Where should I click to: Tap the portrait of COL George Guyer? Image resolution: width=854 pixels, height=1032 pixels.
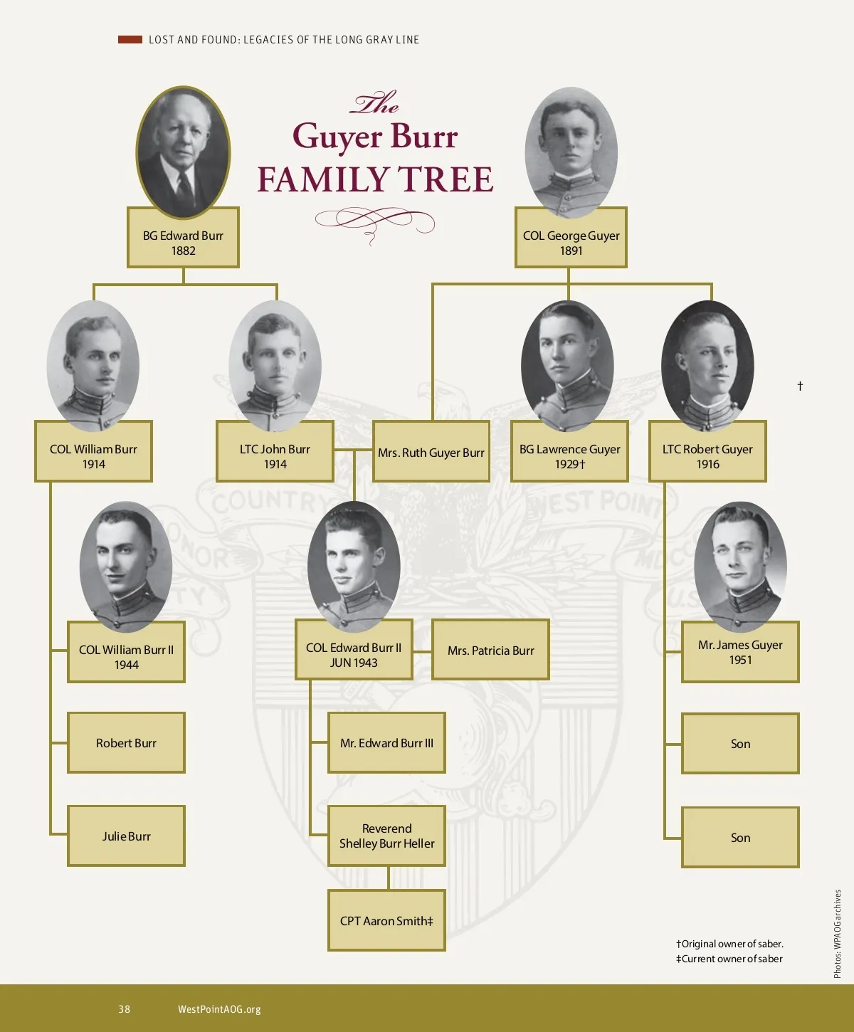coord(571,151)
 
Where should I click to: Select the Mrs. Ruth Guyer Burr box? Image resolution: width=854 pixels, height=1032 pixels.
coord(431,452)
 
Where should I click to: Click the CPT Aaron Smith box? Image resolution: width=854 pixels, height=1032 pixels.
coord(386,920)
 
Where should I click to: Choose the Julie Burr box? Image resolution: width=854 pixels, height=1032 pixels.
coord(126,836)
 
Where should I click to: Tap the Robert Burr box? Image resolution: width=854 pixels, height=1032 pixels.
coord(126,743)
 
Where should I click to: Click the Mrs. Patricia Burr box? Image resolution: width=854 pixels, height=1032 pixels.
coord(490,650)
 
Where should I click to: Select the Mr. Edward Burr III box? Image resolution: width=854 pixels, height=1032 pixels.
coord(386,743)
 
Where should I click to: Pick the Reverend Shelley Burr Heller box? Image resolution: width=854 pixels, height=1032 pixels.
coord(386,836)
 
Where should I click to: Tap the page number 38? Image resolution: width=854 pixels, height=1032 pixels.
coord(125,1009)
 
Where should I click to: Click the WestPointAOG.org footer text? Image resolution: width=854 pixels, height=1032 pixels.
coord(219,1009)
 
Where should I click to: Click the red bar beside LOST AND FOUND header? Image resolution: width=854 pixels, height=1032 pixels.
coord(130,40)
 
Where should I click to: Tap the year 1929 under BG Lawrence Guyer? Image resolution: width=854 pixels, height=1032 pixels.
coord(566,464)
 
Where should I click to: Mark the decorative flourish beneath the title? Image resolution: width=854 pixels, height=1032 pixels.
coord(374,223)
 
